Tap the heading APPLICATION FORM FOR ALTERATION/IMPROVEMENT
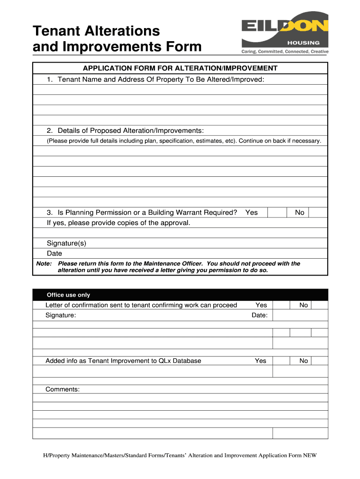tap(180, 68)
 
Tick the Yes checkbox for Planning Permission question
tap(277, 212)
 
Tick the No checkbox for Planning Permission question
tap(318, 212)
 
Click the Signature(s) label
tap(66, 243)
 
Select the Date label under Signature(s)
tap(54, 254)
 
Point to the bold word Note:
tap(44, 264)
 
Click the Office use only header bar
tap(180, 295)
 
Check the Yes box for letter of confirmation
tap(281, 305)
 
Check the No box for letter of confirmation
tap(319, 305)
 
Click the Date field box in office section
tap(300, 315)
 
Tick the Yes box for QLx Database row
tap(281, 361)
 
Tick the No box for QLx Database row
tap(319, 361)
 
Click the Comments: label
tap(62, 389)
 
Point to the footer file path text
tap(180, 455)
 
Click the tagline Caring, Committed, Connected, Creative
tap(285, 51)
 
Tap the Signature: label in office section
tap(60, 315)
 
